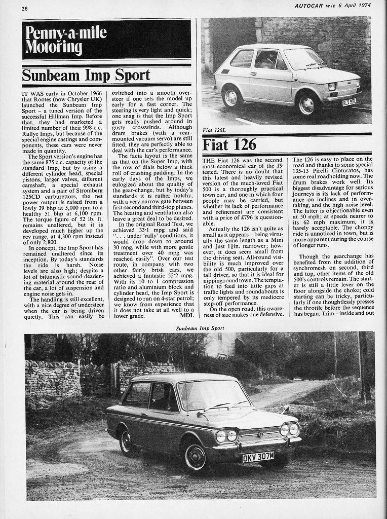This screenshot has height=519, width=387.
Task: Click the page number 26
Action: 25,9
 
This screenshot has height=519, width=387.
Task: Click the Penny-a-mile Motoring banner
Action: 106,40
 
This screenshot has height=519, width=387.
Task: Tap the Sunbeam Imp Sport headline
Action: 86,75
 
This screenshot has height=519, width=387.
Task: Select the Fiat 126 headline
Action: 229,144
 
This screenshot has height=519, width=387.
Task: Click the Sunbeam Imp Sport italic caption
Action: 200,328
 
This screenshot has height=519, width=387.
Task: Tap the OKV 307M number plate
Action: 258,457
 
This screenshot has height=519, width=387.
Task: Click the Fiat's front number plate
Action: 349,102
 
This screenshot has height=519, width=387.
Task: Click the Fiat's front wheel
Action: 307,104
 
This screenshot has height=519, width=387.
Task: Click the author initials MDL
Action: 187,315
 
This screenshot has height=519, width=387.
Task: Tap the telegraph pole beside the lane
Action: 363,365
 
